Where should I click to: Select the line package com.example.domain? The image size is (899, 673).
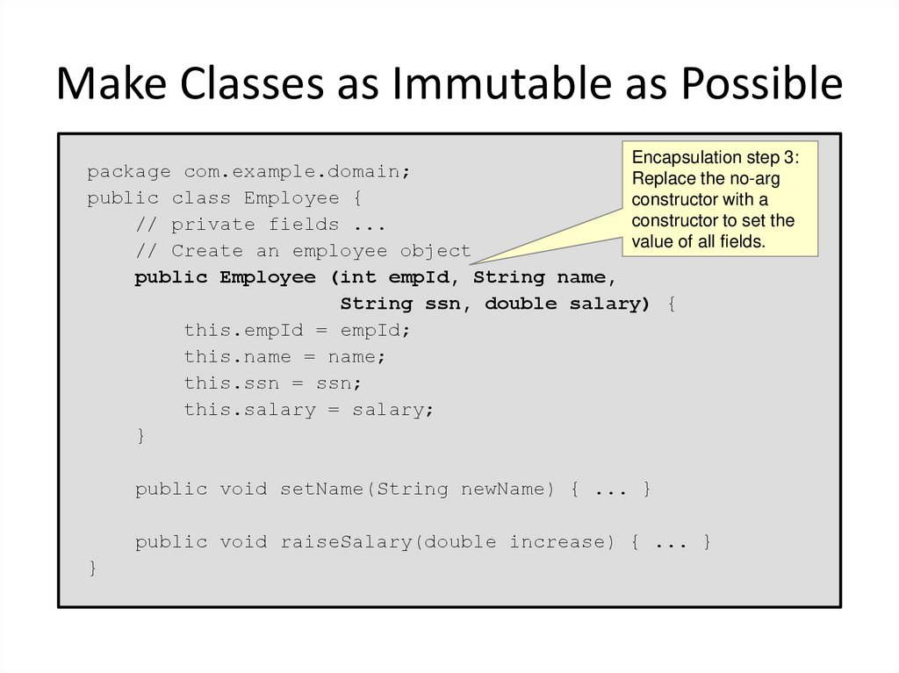tap(248, 172)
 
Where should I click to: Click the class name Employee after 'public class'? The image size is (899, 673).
tap(291, 198)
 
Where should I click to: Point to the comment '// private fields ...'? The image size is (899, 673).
tap(261, 225)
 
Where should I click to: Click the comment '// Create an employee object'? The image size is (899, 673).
tap(303, 251)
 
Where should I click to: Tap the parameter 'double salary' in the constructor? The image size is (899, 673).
tap(566, 304)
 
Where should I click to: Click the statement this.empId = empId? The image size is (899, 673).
tap(297, 330)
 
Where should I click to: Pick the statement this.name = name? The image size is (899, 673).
tap(284, 356)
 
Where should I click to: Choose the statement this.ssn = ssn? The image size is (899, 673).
tap(272, 383)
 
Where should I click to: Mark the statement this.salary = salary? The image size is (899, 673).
tap(309, 409)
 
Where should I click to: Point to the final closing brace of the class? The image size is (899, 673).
tap(92, 569)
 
